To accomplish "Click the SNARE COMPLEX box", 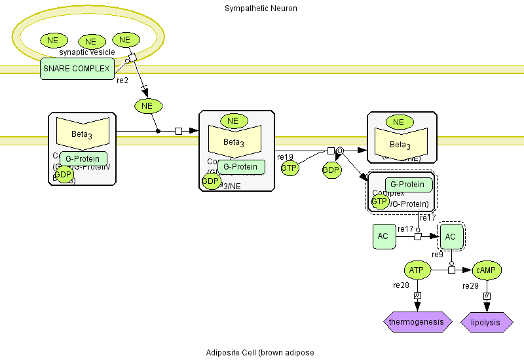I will (76, 68).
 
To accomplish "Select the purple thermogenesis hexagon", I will (417, 322).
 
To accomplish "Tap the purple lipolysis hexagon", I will (487, 323).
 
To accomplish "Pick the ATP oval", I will (417, 270).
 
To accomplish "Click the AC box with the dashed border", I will (451, 236).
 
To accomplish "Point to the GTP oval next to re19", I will (290, 168).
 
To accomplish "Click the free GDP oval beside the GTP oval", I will (331, 170).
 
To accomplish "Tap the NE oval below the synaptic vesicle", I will (147, 105).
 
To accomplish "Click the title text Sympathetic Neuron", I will (261, 9).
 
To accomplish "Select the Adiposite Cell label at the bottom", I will (260, 353).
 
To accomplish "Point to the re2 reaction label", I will (122, 81).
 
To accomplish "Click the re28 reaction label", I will (401, 285).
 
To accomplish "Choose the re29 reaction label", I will (471, 286).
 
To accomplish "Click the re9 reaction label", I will (438, 255).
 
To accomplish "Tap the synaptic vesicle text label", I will (87, 52).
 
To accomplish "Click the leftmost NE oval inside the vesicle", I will (53, 40).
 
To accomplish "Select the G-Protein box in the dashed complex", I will (409, 185).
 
